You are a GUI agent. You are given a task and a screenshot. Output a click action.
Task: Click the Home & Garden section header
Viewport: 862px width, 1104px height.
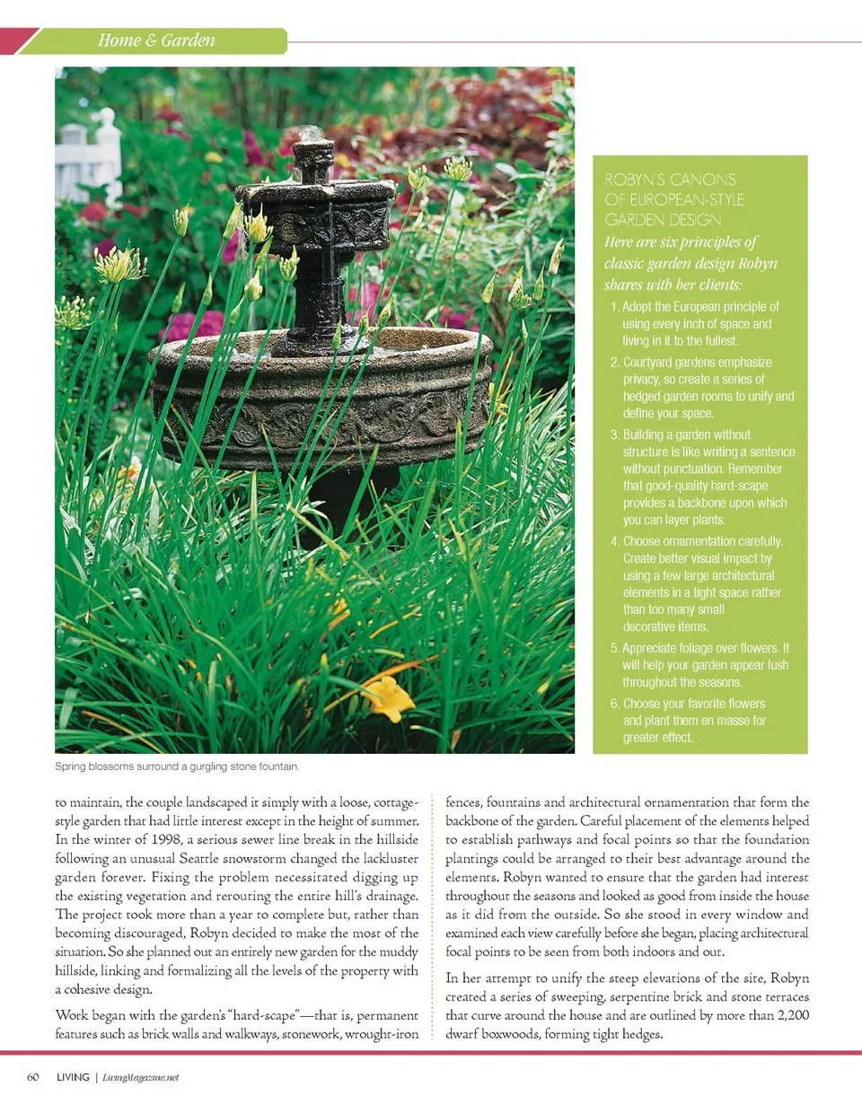point(157,40)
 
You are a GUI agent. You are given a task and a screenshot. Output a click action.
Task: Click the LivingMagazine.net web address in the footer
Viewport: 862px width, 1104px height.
point(141,1078)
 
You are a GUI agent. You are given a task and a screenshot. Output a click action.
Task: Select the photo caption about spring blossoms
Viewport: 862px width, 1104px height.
point(177,767)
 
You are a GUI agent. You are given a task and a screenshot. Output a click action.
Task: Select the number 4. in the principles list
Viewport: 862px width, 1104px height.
point(614,541)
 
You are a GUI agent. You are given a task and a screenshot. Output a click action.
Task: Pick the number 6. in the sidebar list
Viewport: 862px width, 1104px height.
point(614,704)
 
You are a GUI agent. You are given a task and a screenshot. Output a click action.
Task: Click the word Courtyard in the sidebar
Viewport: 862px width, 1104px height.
point(653,363)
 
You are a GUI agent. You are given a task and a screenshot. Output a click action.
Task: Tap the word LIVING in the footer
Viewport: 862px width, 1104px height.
point(72,1077)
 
